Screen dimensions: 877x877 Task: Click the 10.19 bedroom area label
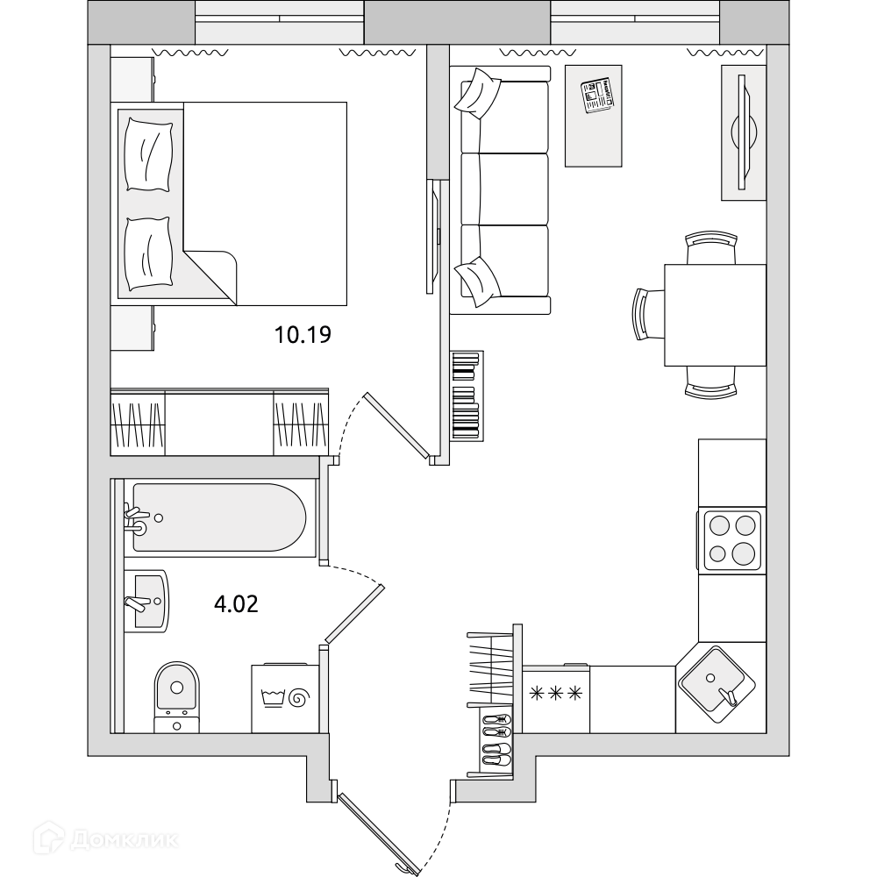tap(303, 334)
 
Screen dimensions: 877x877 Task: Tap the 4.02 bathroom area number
tap(236, 604)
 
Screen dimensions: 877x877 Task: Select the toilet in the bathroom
tap(177, 697)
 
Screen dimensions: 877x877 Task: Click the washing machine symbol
tap(285, 699)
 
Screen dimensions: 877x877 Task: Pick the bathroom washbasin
tap(146, 602)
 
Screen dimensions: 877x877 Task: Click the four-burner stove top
tap(731, 540)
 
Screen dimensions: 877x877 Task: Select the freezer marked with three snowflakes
tap(556, 699)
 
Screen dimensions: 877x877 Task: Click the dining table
tap(715, 316)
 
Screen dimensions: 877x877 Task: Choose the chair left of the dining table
tap(648, 314)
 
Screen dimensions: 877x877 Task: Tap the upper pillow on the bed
tap(148, 154)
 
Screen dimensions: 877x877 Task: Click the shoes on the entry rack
tap(496, 739)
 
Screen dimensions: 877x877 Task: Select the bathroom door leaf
tap(354, 614)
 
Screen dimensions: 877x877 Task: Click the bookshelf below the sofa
tap(467, 396)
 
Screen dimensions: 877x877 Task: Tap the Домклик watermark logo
tap(106, 839)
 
